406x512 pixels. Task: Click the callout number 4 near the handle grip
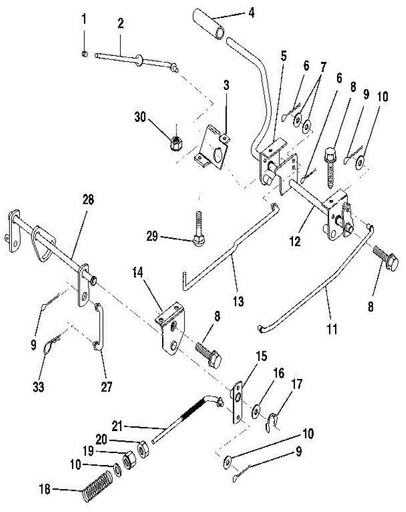click(x=251, y=12)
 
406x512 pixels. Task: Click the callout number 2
click(x=120, y=23)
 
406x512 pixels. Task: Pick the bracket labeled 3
click(x=213, y=144)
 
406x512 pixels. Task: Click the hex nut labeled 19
click(x=128, y=461)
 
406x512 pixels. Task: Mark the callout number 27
click(x=106, y=387)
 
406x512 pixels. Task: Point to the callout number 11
click(x=332, y=329)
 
